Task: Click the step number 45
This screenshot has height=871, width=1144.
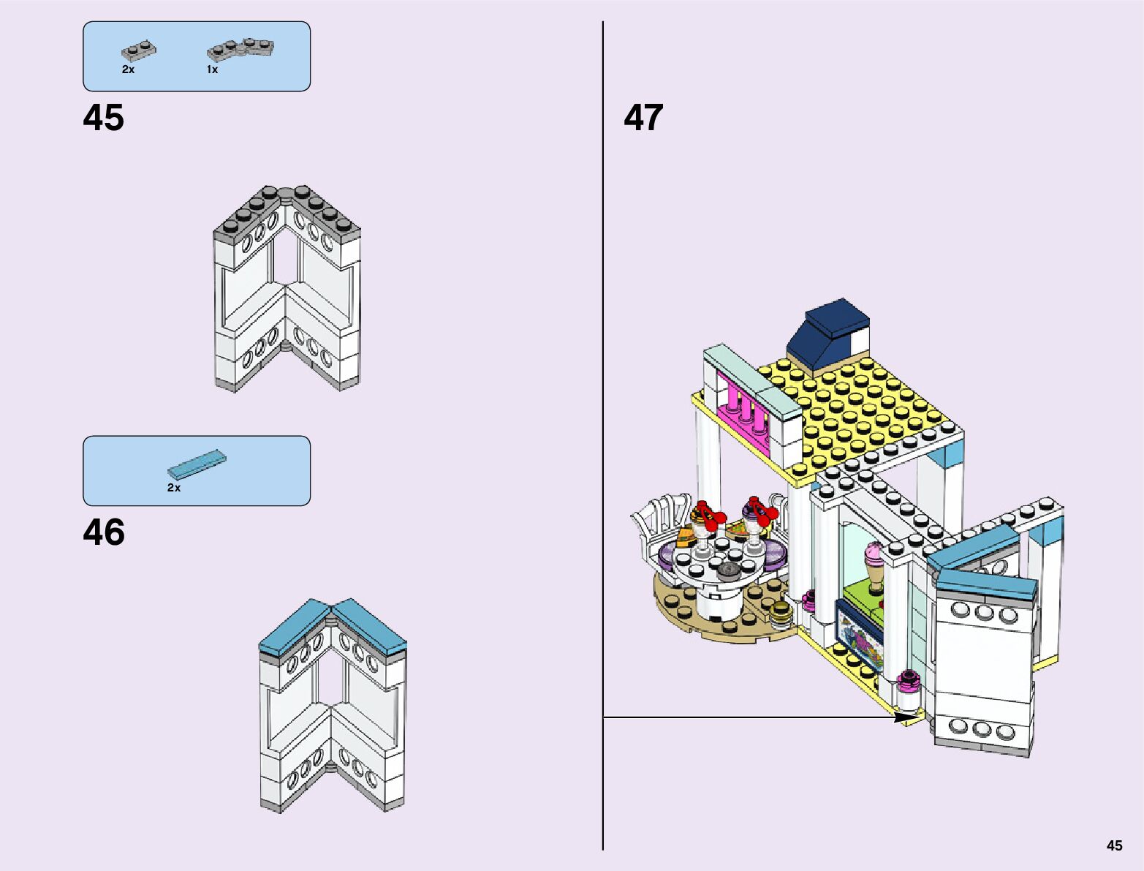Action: click(104, 118)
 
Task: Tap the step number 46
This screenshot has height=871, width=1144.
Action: click(104, 533)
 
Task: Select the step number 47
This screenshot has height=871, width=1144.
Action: click(643, 118)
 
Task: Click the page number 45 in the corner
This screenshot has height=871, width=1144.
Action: click(1113, 845)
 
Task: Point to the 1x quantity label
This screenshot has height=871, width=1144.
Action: click(212, 69)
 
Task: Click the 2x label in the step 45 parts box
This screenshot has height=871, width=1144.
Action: click(128, 69)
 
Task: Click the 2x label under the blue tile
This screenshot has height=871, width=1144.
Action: click(173, 487)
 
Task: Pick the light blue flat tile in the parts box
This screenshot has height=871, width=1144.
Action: click(197, 463)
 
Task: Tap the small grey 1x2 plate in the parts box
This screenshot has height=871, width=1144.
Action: click(138, 50)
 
